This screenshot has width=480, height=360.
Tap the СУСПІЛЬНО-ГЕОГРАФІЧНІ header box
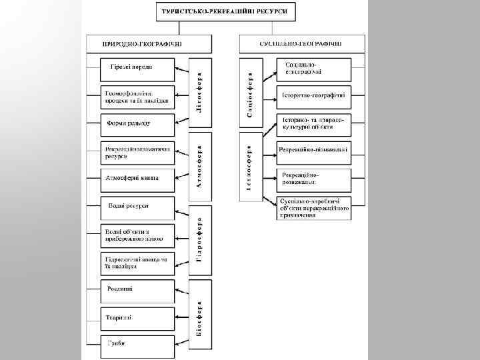pyautogui.click(x=302, y=43)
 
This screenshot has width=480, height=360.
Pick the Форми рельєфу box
pyautogui.click(x=137, y=123)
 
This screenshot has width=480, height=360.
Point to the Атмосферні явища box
pyautogui.click(x=137, y=178)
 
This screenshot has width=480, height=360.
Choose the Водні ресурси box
pyautogui.click(x=137, y=207)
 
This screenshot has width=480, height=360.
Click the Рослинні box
pyautogui.click(x=137, y=289)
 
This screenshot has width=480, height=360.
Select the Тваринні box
pyautogui.click(x=137, y=317)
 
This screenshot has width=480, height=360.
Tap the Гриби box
pyautogui.click(x=137, y=344)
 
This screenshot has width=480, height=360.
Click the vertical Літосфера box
pyautogui.click(x=201, y=92)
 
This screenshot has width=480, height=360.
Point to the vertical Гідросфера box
pyautogui.click(x=201, y=242)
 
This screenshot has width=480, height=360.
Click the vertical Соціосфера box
pyautogui.click(x=250, y=93)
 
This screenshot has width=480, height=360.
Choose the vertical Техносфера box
pyautogui.click(x=250, y=167)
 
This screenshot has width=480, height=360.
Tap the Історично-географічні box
pyautogui.click(x=313, y=95)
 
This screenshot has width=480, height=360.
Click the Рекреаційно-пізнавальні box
pyautogui.click(x=313, y=149)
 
